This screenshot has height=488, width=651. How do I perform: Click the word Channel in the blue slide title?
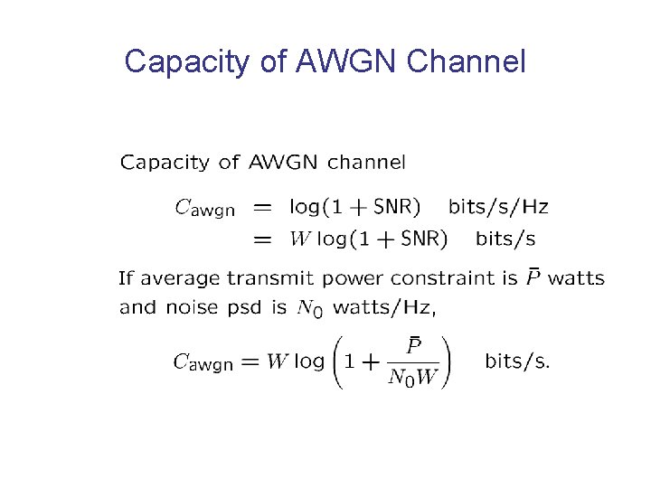click(467, 61)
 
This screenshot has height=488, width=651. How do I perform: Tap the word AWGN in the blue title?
click(348, 61)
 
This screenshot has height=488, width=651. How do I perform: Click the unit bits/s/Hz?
click(498, 207)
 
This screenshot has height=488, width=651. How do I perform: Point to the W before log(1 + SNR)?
click(299, 239)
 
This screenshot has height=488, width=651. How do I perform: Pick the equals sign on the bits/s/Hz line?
click(261, 208)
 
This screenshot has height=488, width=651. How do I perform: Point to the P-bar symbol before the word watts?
click(533, 277)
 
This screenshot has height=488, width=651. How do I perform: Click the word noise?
click(187, 307)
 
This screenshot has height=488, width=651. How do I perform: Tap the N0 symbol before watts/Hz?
click(309, 308)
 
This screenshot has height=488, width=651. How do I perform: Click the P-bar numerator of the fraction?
click(413, 346)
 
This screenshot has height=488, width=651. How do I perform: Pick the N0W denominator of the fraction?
click(412, 378)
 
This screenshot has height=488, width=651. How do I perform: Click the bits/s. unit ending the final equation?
click(517, 361)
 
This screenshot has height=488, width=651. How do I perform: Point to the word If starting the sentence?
click(126, 278)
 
